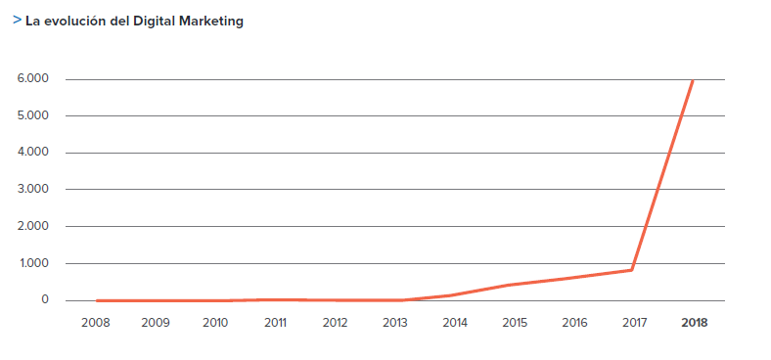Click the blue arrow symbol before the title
point(18,20)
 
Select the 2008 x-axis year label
point(96,322)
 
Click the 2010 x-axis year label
point(215,322)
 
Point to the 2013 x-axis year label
point(394,322)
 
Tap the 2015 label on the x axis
point(514,322)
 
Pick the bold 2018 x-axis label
point(694,322)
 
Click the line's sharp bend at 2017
point(633,269)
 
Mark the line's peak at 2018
point(693,80)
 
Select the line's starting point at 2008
point(97,300)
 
